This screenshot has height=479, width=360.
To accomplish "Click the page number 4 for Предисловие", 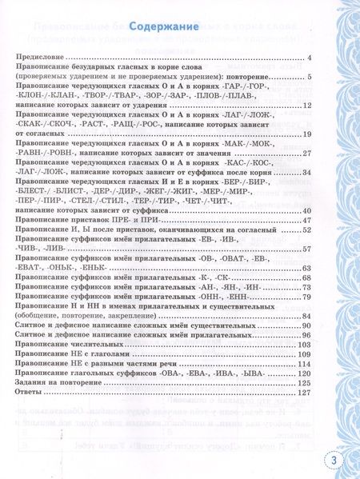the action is point(308,58).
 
